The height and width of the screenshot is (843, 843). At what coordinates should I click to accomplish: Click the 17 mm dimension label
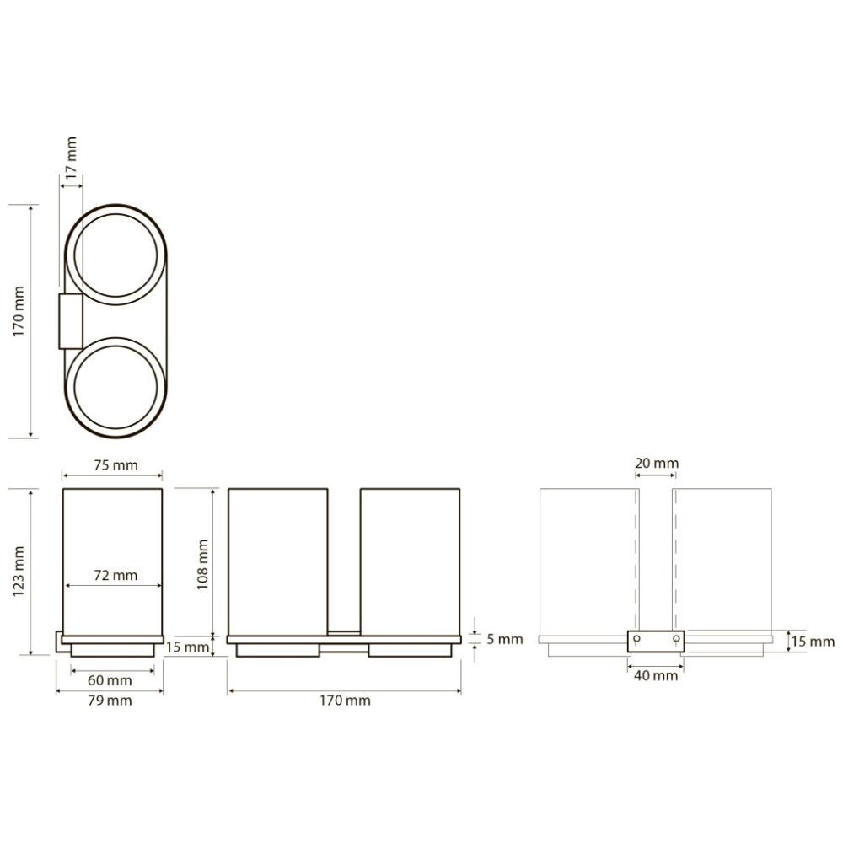pyautogui.click(x=72, y=155)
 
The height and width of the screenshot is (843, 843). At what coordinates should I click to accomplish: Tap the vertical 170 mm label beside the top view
pyautogui.click(x=19, y=311)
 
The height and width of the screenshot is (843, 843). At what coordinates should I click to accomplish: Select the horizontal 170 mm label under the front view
pyautogui.click(x=345, y=701)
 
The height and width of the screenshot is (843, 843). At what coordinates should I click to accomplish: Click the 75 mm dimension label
pyautogui.click(x=115, y=465)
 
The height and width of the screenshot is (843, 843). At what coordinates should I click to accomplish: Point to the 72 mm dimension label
pyautogui.click(x=115, y=575)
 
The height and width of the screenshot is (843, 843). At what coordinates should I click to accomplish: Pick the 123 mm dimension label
pyautogui.click(x=19, y=571)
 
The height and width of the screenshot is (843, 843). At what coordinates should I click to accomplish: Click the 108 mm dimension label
pyautogui.click(x=202, y=565)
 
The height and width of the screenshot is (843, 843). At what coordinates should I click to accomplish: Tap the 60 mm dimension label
pyautogui.click(x=110, y=680)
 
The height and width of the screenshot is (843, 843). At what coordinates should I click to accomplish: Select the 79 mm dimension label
pyautogui.click(x=110, y=701)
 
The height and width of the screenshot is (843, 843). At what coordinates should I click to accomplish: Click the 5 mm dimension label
pyautogui.click(x=505, y=639)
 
